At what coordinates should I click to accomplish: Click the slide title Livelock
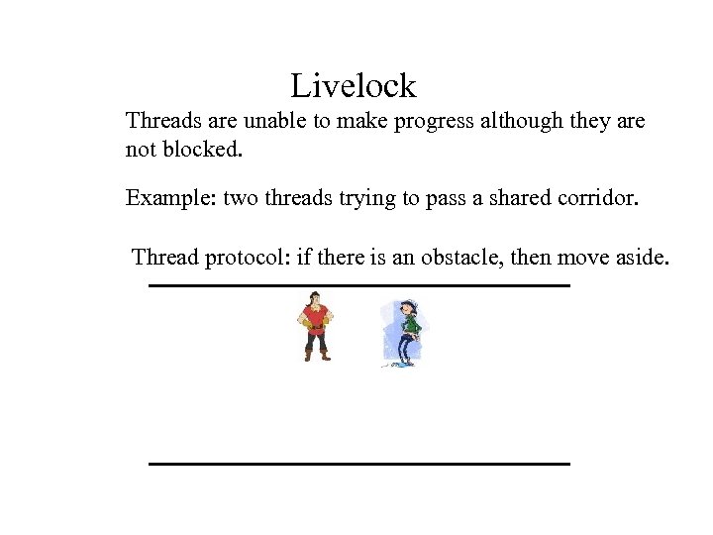point(354,86)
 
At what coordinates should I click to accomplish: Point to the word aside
point(643,259)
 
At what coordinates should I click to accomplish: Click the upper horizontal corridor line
point(358,285)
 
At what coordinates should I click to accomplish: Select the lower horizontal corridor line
point(358,463)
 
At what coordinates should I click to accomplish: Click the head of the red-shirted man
point(316,298)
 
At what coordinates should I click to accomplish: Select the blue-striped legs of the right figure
point(403,349)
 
